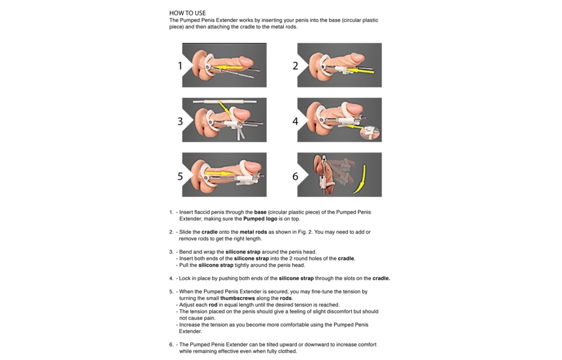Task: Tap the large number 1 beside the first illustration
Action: pos(180,66)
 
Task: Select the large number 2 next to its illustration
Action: pos(295,66)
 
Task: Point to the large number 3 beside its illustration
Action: pos(180,121)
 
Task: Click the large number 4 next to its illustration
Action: pos(295,121)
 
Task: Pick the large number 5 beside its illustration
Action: pos(180,176)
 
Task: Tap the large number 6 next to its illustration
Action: pos(295,176)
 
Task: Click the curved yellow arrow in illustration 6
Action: pos(357,179)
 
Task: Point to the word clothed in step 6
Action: pos(285,352)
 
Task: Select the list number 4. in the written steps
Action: pos(171,278)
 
